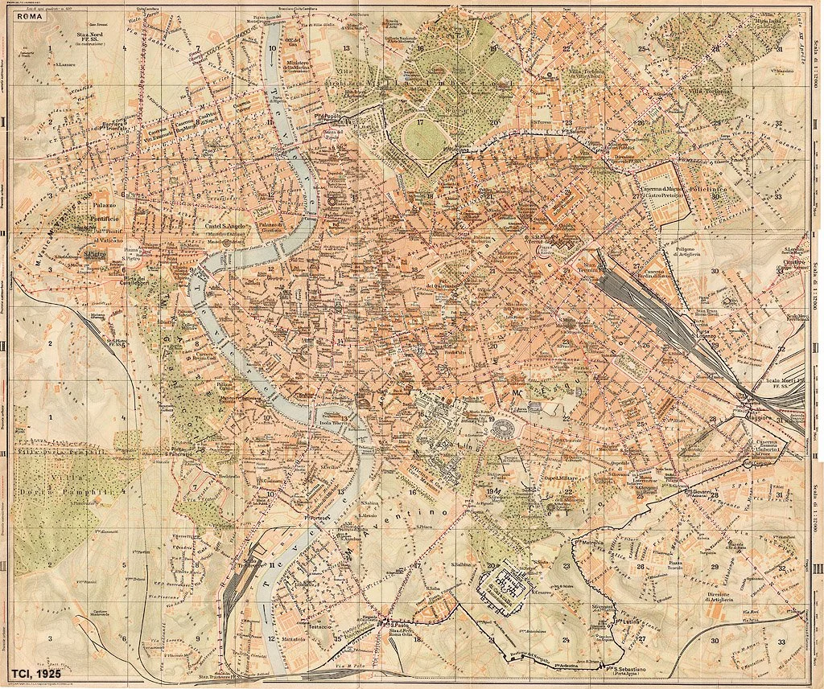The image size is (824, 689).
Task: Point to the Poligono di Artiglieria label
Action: (690, 255)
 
